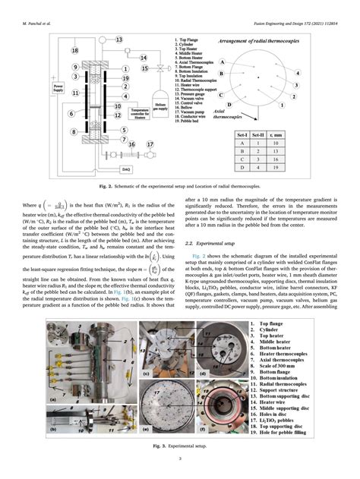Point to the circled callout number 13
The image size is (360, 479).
[x=120, y=39]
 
